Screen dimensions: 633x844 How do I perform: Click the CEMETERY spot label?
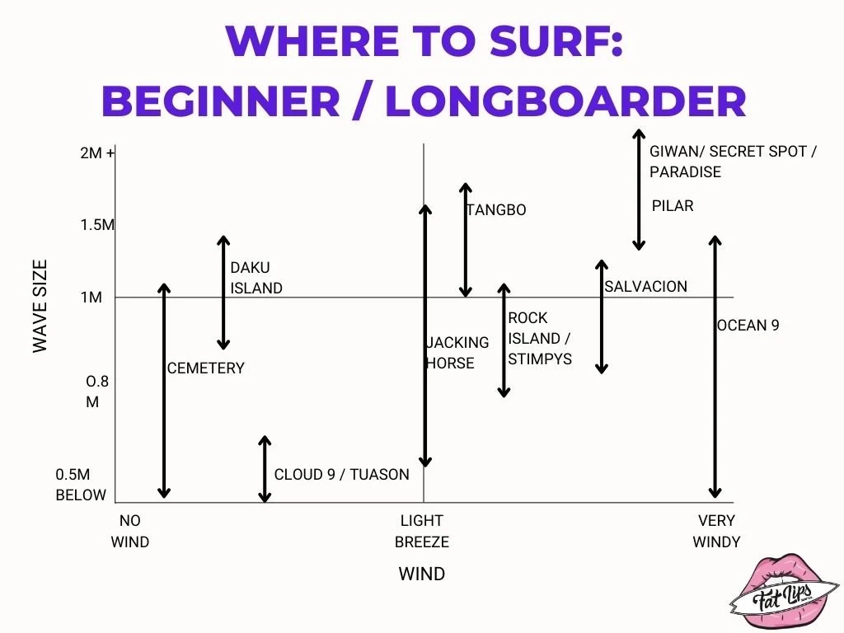[x=206, y=368]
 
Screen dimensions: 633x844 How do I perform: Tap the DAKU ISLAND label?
[x=256, y=278]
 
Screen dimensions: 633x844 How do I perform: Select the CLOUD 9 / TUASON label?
[x=341, y=474]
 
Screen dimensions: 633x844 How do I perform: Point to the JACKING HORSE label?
[x=457, y=352]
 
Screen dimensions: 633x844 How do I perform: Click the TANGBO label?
[x=496, y=210]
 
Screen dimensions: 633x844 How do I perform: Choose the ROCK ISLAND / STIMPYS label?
[x=540, y=338]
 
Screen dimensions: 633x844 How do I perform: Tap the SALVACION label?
[x=645, y=286]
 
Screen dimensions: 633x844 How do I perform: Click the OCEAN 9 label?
[x=748, y=325]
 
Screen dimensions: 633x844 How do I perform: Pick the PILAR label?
[x=673, y=205]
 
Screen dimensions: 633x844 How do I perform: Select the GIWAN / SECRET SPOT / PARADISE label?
[x=732, y=162]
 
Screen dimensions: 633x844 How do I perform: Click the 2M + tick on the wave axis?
[x=98, y=152]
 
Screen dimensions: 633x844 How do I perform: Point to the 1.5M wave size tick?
[x=98, y=225]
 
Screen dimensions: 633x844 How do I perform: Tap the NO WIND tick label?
[x=130, y=531]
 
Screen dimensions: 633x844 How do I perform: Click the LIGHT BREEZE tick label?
[x=422, y=531]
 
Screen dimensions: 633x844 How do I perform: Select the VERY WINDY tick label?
[x=716, y=531]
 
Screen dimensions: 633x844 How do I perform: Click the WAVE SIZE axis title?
[x=40, y=307]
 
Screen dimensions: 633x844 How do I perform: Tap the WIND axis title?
[x=422, y=574]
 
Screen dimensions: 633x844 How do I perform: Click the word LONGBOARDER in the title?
[x=565, y=101]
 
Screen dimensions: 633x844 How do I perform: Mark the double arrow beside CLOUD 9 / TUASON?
[x=265, y=469]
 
